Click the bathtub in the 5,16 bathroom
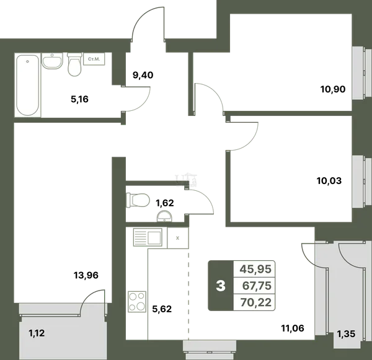28,85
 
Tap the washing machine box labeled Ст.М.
94,59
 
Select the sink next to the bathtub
52,61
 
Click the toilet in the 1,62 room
138,200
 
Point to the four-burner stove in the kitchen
137,301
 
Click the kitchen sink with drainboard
148,237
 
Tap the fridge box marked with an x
178,238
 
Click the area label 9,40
143,75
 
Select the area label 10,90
333,89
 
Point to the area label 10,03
329,181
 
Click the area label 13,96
86,275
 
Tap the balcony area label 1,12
37,333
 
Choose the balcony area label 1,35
346,334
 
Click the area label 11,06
293,328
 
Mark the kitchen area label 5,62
162,309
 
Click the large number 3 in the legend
221,286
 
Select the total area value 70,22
255,302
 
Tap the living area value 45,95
255,269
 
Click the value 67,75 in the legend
257,286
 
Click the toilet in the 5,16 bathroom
74,64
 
